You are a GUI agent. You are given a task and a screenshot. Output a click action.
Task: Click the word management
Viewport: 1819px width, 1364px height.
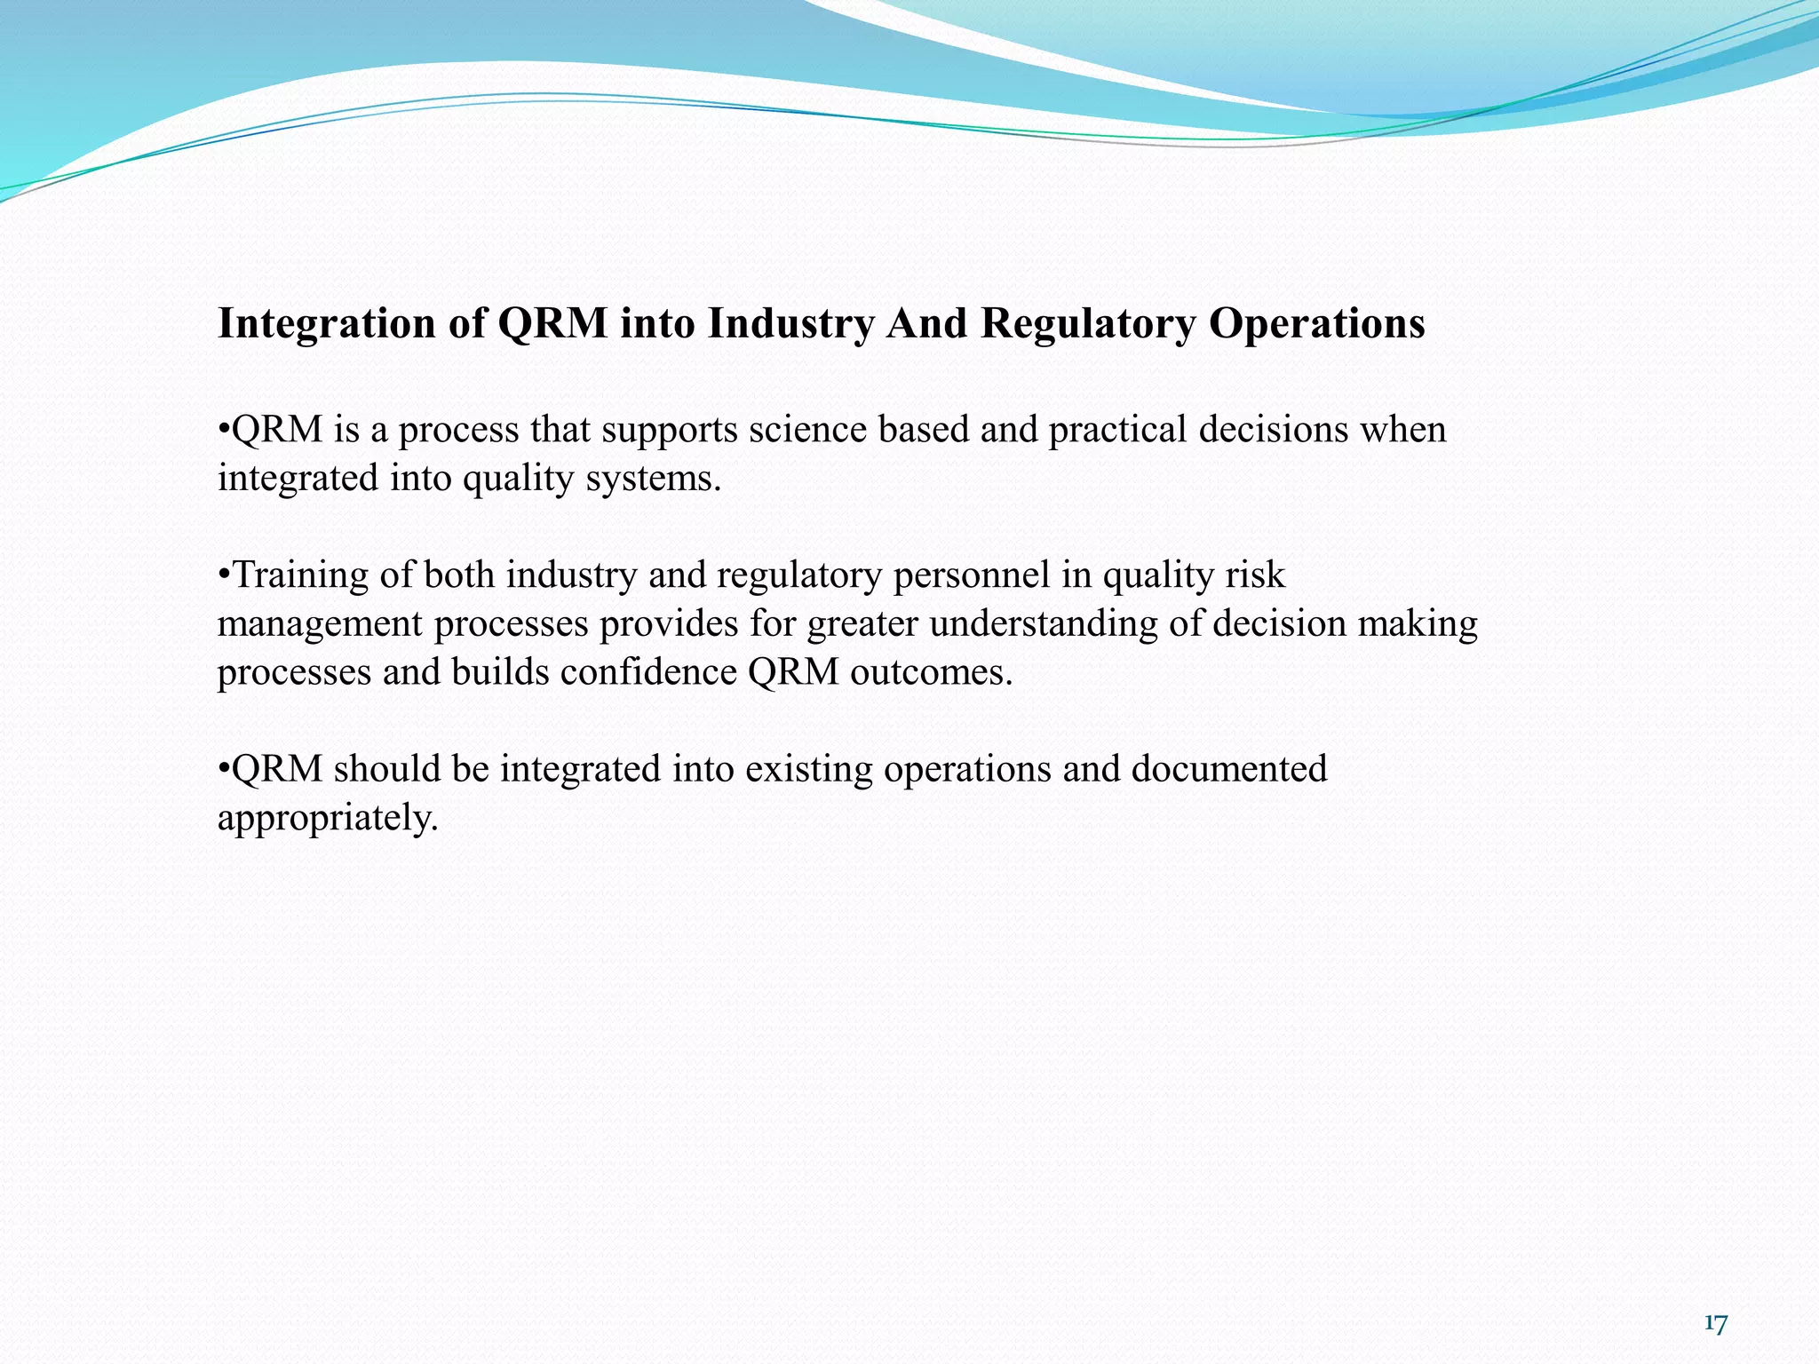click(320, 625)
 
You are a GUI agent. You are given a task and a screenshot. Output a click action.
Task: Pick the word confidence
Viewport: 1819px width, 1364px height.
click(648, 672)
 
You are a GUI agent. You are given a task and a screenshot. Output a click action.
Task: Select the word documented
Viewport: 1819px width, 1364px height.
click(1229, 769)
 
